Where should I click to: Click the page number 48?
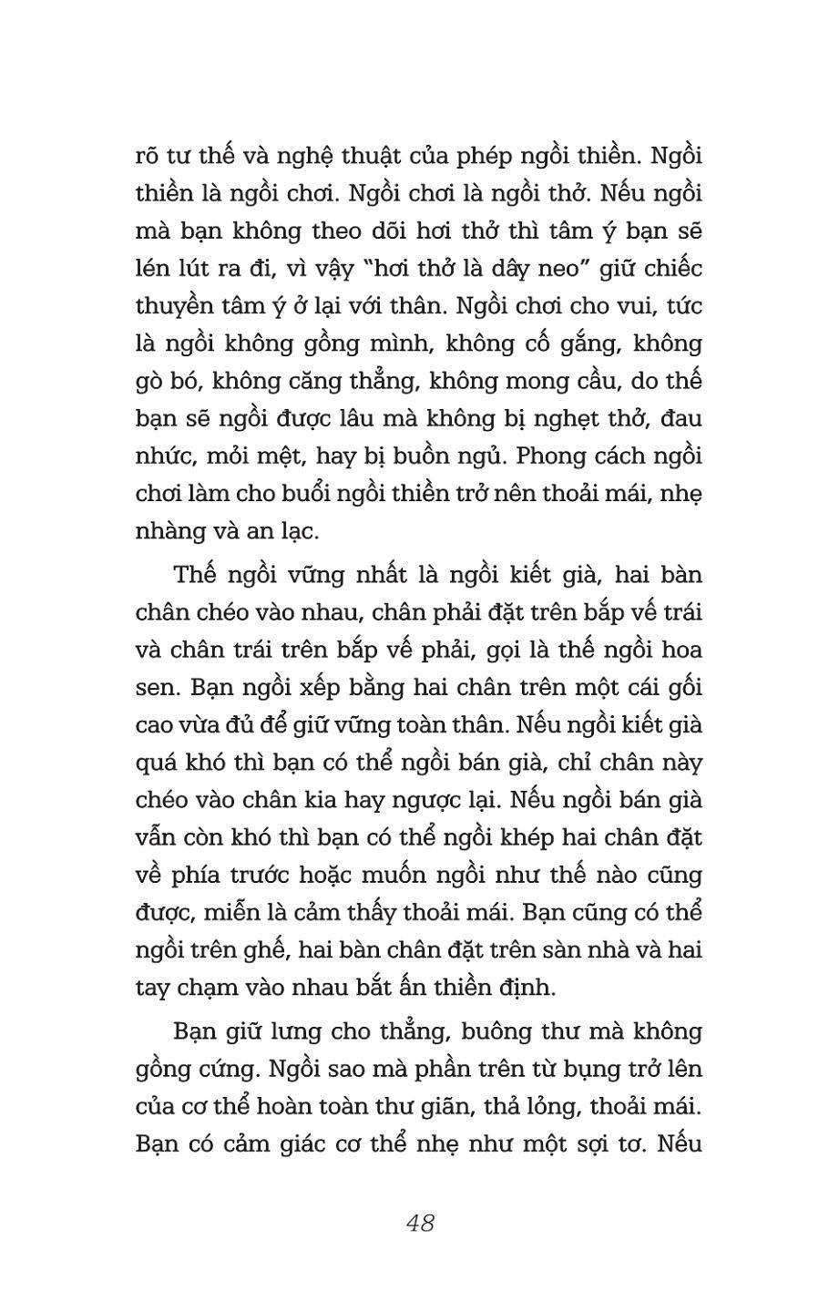coord(420,1223)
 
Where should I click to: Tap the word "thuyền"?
coord(179,306)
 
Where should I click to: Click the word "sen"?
coord(155,689)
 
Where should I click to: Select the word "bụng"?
coord(584,1070)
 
